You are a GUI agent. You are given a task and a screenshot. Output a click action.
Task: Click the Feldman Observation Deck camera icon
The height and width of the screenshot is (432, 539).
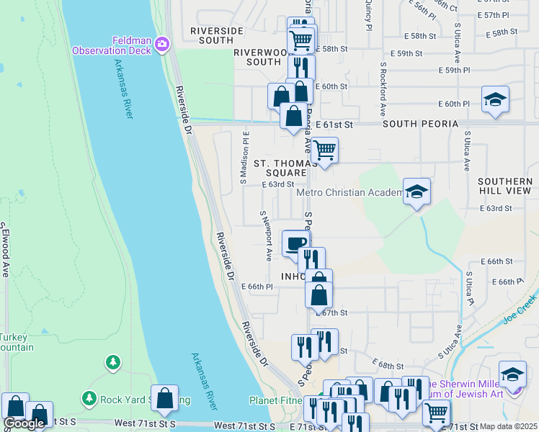(161, 45)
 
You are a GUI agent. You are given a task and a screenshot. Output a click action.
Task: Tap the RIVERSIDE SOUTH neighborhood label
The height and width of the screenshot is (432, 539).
(211, 35)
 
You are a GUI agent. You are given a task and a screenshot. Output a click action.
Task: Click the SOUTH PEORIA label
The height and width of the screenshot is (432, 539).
(420, 124)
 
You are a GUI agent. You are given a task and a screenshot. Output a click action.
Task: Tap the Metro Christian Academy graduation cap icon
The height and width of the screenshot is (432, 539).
(416, 192)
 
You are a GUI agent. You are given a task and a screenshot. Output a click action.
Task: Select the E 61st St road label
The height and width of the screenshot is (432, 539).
(334, 125)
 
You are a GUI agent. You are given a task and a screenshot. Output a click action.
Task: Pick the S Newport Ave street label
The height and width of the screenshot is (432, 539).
(265, 235)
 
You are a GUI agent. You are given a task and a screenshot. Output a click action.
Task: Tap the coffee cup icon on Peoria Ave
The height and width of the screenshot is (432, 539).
(294, 244)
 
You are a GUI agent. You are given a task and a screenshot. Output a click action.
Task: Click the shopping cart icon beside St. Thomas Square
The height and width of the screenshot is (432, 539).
(324, 151)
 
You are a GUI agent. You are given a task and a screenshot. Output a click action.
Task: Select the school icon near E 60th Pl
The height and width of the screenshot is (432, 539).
(495, 99)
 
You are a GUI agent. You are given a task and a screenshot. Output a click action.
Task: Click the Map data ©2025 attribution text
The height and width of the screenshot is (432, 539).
(508, 426)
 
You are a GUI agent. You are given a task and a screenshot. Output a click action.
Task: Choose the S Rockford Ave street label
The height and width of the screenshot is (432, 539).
(383, 87)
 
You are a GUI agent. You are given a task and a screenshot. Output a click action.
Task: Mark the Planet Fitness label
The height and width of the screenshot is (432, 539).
(277, 400)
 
